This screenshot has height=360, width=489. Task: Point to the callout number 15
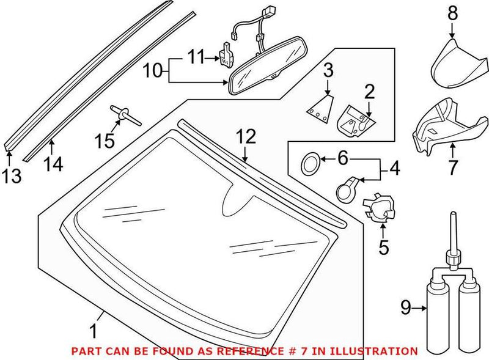(105, 141)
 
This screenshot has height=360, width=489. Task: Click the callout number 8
(452, 12)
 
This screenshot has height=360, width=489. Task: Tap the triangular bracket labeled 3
(319, 108)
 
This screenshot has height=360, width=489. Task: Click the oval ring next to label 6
(311, 163)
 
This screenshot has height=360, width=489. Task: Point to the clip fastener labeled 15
(124, 114)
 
